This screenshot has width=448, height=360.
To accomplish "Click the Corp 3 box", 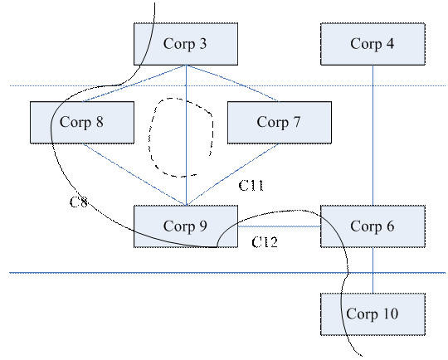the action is (186, 44).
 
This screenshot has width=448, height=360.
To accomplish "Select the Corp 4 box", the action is (373, 44).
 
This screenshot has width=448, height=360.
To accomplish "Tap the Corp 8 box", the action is (82, 122).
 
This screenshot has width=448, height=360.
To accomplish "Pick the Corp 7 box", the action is (280, 122).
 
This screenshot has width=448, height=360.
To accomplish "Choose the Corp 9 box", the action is (186, 226).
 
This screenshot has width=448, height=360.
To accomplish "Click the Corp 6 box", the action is (373, 226).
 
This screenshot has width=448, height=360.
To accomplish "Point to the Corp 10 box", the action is (373, 314).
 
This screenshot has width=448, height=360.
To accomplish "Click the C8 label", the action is (79, 202).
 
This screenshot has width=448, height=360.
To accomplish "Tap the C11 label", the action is (251, 186).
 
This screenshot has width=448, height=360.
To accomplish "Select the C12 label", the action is (265, 242).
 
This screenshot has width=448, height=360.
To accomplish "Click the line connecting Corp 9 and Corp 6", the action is (279, 226).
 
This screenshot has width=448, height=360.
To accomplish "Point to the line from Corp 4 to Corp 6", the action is (373, 135).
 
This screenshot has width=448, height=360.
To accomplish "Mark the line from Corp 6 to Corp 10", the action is (373, 270).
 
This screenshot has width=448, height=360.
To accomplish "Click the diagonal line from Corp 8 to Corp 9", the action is (134, 174).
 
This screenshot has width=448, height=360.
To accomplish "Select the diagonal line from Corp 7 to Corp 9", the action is (233, 174).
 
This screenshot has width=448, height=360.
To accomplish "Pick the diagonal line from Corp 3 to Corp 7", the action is (232, 84).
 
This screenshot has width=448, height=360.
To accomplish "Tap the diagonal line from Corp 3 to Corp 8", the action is (134, 84).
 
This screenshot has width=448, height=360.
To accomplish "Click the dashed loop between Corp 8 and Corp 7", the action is (213, 134).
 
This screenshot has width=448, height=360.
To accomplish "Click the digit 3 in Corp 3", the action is (202, 44).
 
